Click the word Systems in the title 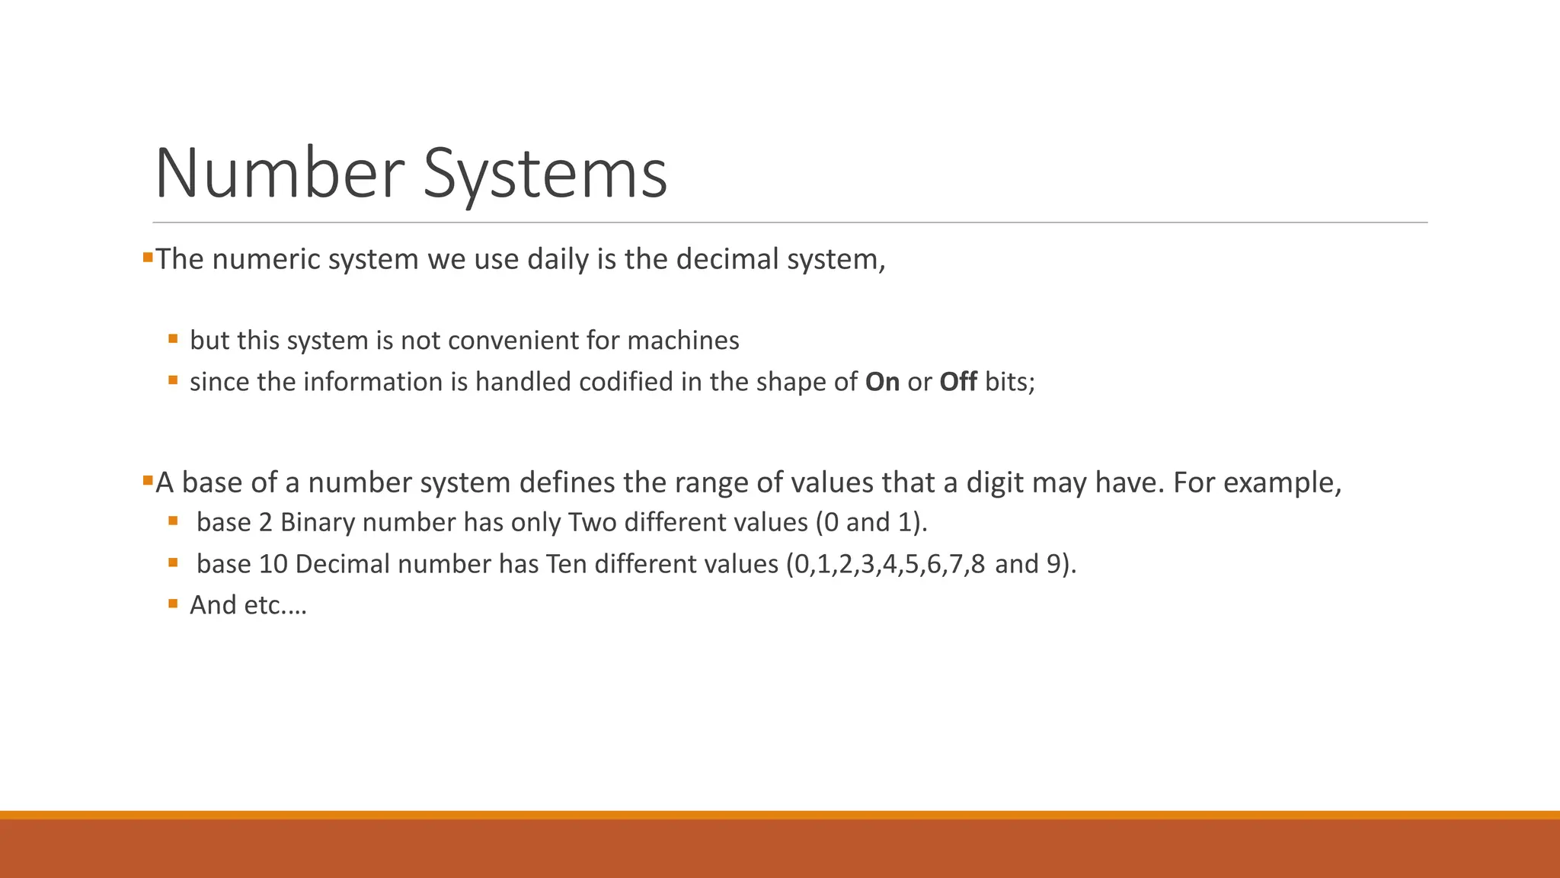[545, 175]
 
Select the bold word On [882, 382]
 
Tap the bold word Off [957, 382]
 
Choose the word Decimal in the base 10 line [343, 564]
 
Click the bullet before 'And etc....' [173, 604]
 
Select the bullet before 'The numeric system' [147, 258]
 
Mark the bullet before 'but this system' [173, 338]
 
